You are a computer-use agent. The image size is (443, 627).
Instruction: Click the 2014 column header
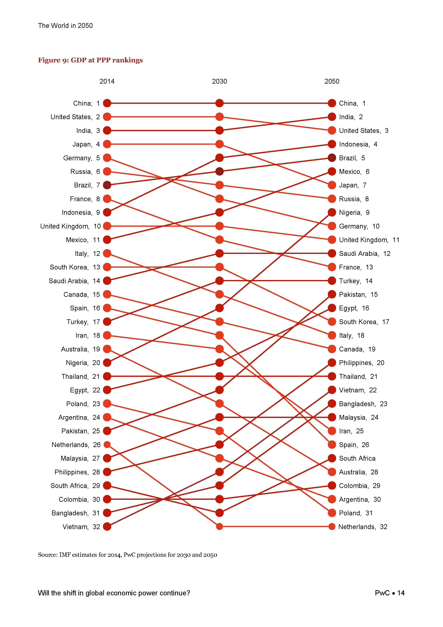(107, 81)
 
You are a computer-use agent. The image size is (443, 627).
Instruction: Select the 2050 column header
(332, 81)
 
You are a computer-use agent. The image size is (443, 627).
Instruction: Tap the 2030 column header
(219, 81)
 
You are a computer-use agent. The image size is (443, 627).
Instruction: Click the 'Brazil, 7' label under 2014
(87, 185)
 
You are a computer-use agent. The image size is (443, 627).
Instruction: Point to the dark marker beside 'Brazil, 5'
(332, 158)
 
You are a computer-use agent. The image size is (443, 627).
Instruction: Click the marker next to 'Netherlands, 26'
(107, 445)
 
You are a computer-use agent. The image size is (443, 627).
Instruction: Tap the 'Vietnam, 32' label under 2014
(81, 527)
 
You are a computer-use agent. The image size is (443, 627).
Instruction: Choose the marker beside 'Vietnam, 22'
(332, 390)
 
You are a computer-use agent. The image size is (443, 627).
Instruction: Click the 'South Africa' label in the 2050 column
(357, 458)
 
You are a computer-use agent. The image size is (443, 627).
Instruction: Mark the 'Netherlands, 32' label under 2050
(363, 527)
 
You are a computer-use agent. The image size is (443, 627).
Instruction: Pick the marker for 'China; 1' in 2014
(107, 103)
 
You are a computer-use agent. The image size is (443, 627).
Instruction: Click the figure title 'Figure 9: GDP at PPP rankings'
(90, 60)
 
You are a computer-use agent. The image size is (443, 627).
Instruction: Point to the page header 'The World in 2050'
(65, 26)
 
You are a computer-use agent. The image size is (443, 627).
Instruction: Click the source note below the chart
(127, 555)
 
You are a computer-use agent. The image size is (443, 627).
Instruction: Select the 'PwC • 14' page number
(389, 593)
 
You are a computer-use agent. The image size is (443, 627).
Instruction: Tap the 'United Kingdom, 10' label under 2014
(70, 226)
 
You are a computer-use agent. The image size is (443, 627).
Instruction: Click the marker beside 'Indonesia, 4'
(332, 144)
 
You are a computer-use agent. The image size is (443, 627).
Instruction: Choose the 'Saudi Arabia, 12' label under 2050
(364, 253)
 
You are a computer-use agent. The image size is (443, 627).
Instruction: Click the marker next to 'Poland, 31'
(332, 513)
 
